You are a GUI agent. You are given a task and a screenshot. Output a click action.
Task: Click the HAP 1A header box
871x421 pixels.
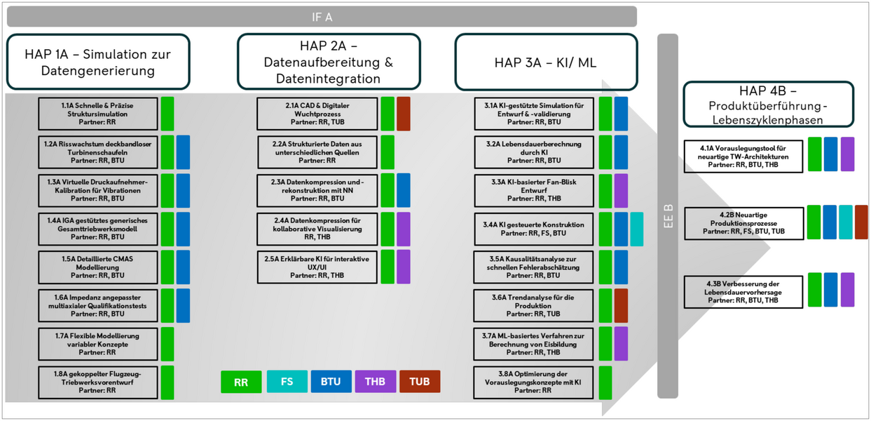click(98, 62)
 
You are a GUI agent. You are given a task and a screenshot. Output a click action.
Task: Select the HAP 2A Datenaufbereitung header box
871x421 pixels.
click(329, 62)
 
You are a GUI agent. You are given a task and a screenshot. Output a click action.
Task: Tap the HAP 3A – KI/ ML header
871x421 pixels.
click(546, 62)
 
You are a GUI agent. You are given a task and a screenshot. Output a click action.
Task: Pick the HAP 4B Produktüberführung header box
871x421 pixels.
click(768, 104)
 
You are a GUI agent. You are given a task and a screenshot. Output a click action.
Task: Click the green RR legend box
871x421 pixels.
click(240, 382)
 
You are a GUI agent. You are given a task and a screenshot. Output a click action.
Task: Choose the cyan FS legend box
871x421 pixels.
click(287, 382)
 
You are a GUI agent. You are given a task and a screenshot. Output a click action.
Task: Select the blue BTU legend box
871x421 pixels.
click(331, 382)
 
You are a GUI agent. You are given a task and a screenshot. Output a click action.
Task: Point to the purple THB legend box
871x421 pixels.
click(375, 382)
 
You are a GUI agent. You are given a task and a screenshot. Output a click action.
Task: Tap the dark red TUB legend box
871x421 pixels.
click(420, 382)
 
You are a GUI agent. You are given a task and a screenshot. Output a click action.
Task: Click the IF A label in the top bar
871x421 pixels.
click(322, 17)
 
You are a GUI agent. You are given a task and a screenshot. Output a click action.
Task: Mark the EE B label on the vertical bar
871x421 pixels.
click(668, 216)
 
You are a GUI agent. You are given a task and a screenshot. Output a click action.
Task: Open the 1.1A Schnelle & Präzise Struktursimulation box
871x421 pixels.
click(97, 114)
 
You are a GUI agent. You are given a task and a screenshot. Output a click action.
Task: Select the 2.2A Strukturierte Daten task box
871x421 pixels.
click(317, 152)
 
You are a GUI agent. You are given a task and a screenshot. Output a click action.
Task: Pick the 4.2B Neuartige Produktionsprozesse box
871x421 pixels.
click(743, 223)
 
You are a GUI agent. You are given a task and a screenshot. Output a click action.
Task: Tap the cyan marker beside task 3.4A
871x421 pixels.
click(636, 229)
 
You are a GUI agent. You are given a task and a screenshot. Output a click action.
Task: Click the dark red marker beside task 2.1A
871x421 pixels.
click(403, 114)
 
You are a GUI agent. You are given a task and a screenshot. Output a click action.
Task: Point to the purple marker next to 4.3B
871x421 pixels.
click(847, 290)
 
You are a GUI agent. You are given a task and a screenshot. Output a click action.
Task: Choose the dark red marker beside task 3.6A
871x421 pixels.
click(620, 305)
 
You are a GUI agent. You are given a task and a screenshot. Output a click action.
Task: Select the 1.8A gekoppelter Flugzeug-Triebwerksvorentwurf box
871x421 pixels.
click(97, 382)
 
